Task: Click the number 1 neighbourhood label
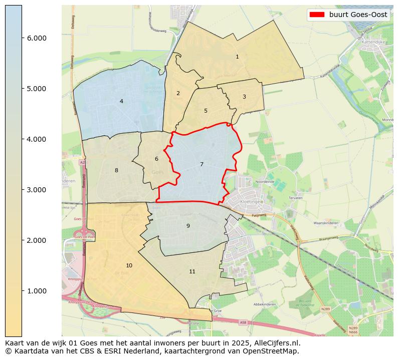237,57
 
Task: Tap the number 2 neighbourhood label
178,94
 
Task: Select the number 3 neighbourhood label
244,97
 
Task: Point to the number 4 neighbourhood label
121,102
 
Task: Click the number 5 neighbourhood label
206,111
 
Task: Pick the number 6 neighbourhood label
156,159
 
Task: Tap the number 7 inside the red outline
202,165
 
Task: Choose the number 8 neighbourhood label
116,171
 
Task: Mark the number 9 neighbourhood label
188,226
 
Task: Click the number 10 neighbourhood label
129,266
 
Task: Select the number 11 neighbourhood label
192,272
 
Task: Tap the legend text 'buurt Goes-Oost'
358,15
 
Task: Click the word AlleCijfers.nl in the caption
277,343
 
